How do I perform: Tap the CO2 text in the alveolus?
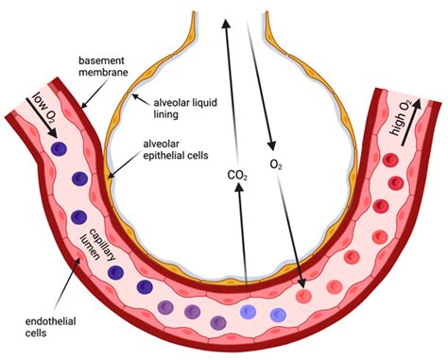[x=238, y=175]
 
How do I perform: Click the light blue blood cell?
[x=248, y=313]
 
